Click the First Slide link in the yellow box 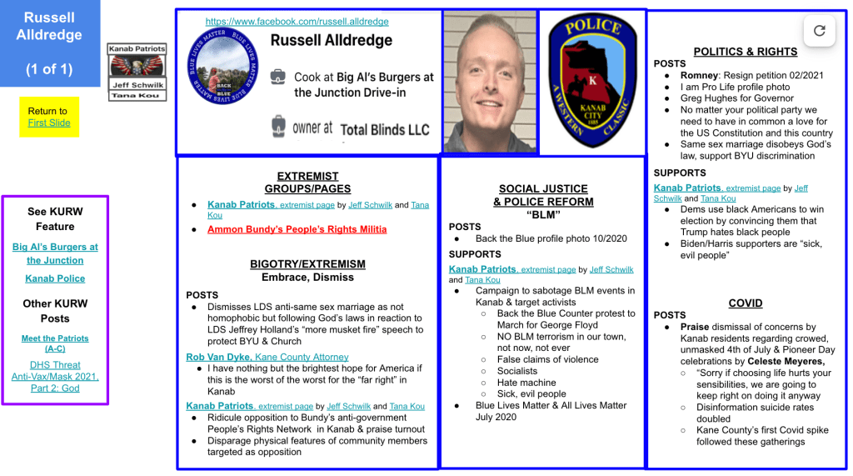click(49, 123)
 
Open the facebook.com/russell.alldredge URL click(297, 22)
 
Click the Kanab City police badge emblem click(591, 81)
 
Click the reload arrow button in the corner click(819, 31)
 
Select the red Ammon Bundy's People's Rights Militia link click(297, 229)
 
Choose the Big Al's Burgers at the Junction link click(55, 253)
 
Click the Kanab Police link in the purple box click(55, 278)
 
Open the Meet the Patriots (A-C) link click(55, 343)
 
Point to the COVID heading click(745, 303)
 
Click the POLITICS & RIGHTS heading click(745, 52)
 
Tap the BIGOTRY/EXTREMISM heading click(307, 264)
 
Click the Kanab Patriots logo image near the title click(137, 67)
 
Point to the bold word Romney click(699, 75)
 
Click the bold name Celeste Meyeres click(786, 362)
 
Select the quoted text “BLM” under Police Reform click(543, 214)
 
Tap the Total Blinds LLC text click(385, 129)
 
